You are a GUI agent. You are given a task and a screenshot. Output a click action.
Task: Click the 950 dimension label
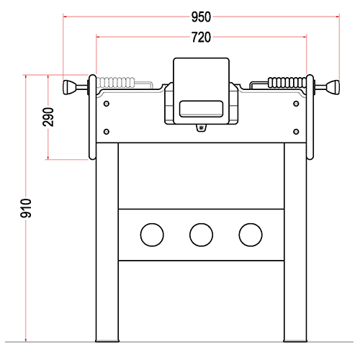coord(201,17)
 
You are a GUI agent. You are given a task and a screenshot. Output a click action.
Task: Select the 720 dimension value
coord(201,37)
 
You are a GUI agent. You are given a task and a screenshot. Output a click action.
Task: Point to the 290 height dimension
coord(48,117)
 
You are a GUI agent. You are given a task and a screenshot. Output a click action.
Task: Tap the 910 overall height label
coord(26,208)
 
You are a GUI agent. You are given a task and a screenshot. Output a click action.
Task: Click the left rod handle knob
coord(68,87)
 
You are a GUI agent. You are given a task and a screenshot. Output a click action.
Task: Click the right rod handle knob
coord(334,87)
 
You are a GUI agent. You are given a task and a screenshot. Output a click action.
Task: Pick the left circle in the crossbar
coord(152,235)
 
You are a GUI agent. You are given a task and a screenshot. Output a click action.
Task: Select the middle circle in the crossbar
coord(201,235)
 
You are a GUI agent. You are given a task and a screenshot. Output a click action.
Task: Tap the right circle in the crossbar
coord(251,235)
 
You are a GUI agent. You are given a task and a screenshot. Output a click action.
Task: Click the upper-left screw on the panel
coord(107,104)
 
